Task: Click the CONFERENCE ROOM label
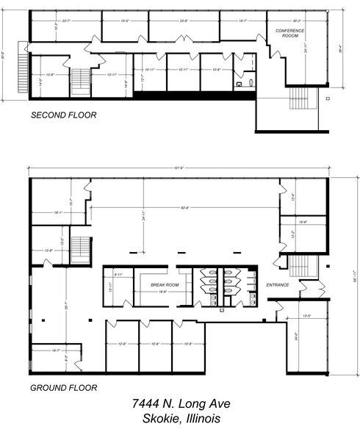click(289, 32)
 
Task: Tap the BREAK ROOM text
click(165, 284)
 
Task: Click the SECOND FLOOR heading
click(63, 115)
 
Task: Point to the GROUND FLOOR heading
click(63, 387)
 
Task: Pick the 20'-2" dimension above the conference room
click(298, 21)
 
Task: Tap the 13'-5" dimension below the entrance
click(306, 317)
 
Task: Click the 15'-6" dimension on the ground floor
click(303, 221)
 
